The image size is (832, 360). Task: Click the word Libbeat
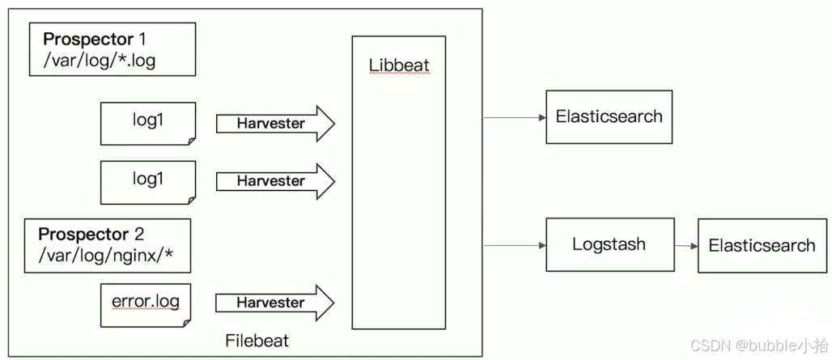399,65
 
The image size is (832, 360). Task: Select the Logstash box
609,244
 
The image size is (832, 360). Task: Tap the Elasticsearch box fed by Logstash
762,245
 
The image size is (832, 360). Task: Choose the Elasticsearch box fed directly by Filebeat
609,117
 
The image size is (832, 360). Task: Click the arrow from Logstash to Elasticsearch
684,245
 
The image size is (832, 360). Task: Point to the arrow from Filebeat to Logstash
515,244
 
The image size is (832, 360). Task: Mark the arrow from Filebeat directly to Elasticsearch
515,117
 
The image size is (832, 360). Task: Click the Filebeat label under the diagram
257,341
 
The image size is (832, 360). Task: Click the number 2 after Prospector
138,235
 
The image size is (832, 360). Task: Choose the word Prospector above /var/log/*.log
88,39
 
